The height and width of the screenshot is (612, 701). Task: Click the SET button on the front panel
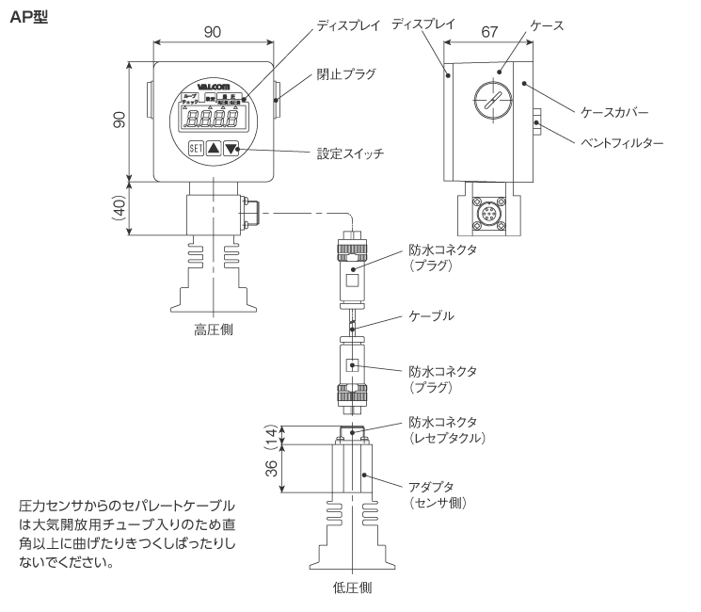[195, 148]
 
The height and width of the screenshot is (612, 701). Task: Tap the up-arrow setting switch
[214, 148]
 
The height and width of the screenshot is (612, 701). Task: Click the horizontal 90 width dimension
[213, 31]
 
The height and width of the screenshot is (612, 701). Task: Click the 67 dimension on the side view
[488, 31]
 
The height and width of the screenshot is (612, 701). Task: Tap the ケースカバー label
[613, 111]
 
